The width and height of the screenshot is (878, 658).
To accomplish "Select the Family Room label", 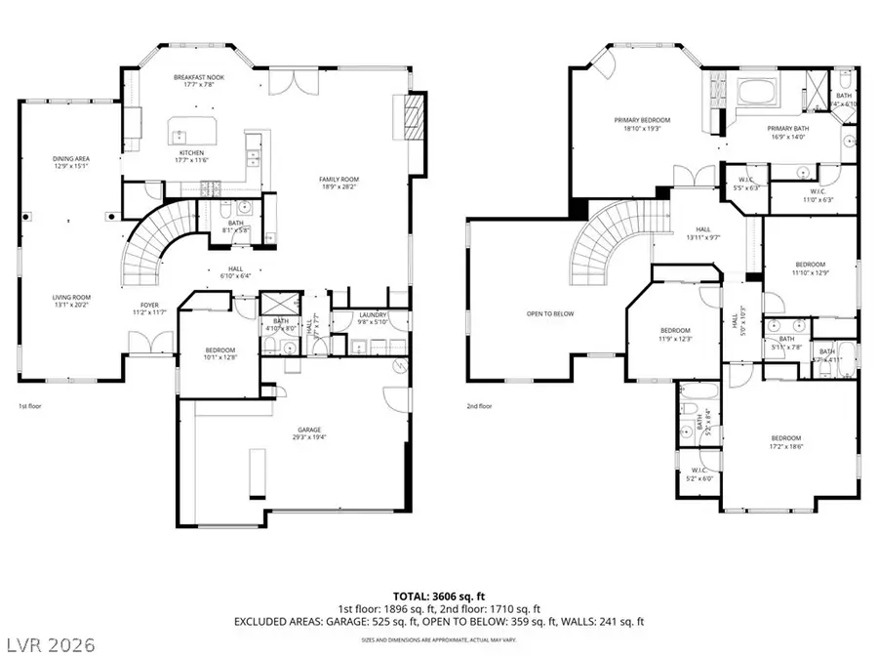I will (x=339, y=180).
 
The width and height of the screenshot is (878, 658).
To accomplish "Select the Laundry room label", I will (x=373, y=315).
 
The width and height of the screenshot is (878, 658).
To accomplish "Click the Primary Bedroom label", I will (x=641, y=120).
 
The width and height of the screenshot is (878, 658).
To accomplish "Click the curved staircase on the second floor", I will (x=605, y=240).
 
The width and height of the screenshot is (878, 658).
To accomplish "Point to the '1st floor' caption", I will (x=30, y=405).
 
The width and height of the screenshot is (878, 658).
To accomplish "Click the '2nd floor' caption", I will (x=479, y=405).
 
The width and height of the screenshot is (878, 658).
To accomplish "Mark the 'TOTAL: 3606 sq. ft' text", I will (x=439, y=595).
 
